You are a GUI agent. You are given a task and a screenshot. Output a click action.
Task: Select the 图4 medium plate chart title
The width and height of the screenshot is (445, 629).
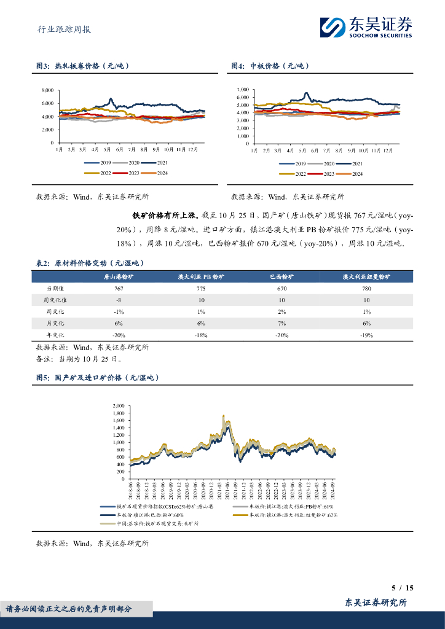(270, 66)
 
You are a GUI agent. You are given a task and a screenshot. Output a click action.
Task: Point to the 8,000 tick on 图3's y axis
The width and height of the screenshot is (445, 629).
(47, 90)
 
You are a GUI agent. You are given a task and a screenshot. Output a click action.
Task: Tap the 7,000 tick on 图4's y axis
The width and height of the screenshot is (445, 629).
(242, 90)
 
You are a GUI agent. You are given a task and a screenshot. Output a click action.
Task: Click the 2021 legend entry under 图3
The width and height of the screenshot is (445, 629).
(158, 163)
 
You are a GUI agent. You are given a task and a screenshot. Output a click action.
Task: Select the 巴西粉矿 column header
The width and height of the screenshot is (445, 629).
(282, 277)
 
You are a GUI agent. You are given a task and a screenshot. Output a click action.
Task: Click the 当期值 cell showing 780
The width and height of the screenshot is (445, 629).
(366, 288)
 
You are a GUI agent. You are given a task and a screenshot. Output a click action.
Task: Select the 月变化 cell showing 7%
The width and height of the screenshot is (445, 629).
(282, 323)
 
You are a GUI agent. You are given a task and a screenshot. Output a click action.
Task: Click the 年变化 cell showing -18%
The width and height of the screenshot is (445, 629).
(201, 335)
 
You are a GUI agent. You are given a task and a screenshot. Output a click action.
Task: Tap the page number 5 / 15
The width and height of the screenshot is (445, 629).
(402, 588)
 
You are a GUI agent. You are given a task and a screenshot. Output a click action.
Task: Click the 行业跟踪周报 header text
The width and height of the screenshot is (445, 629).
(60, 29)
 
